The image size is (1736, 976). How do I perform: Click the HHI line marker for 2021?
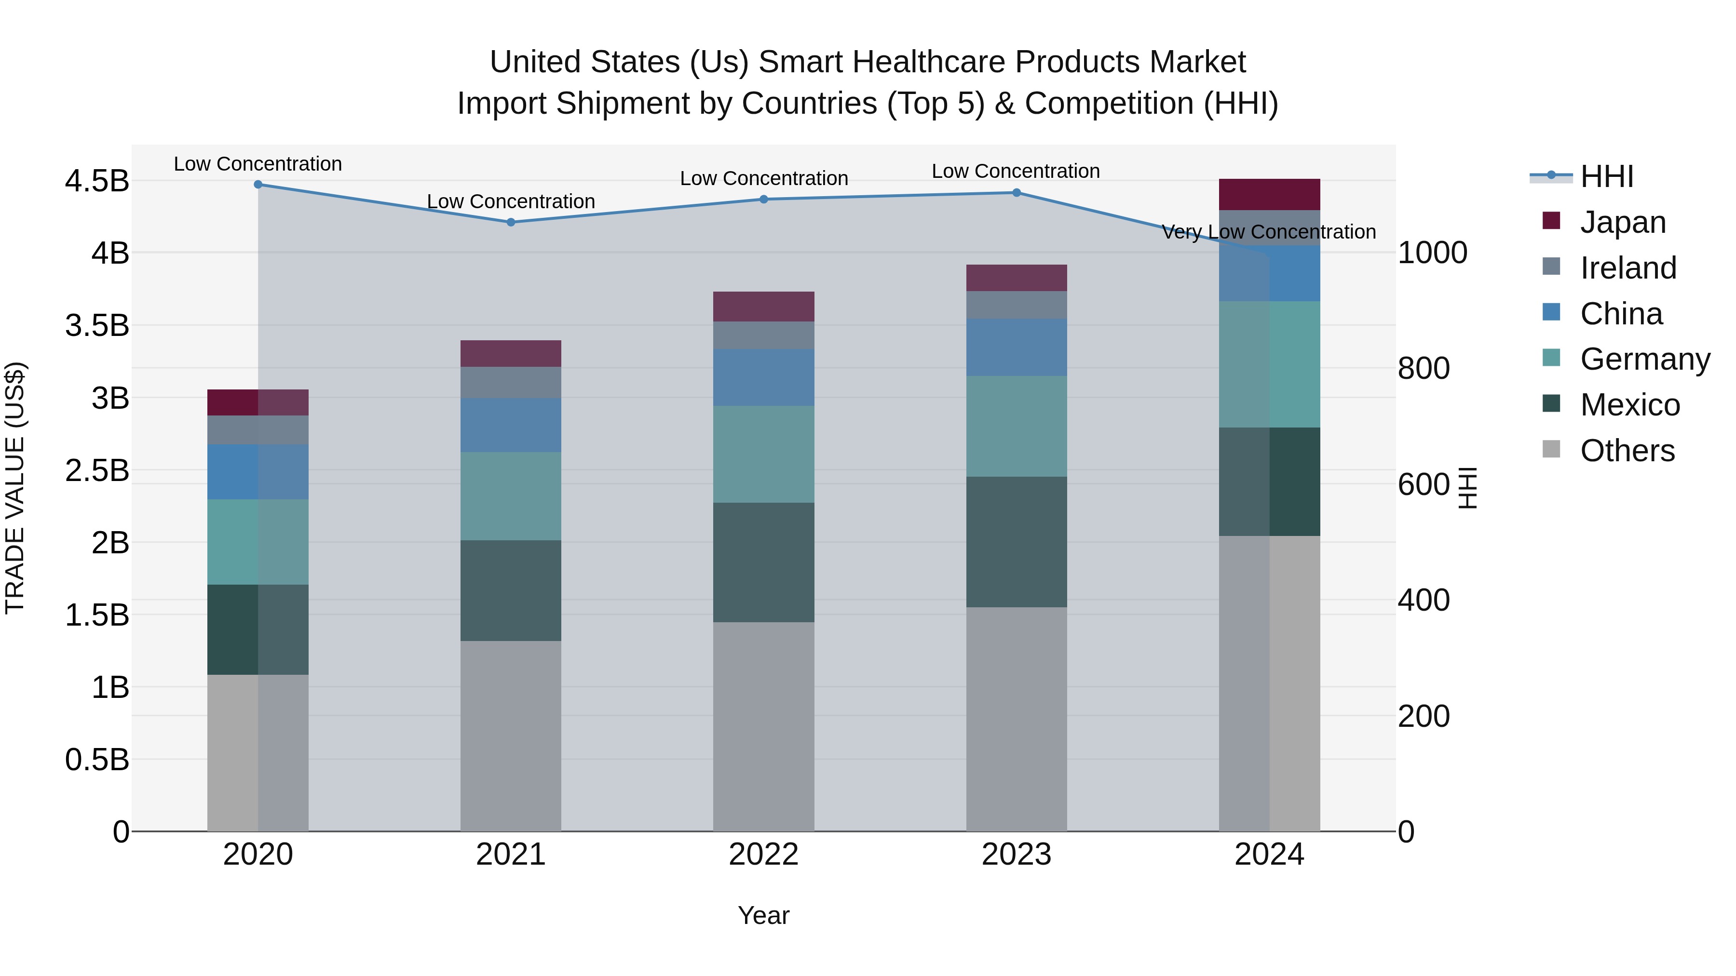510,222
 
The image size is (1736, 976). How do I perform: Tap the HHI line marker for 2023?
1016,193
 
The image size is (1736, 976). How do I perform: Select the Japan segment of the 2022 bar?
763,307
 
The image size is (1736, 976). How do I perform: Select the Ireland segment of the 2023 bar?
1016,305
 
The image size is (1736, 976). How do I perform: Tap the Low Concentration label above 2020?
258,164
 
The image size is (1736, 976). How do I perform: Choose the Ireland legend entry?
1627,268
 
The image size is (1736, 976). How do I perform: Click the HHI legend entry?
1607,176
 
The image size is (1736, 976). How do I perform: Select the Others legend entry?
1627,451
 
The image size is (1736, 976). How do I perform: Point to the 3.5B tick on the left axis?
97,325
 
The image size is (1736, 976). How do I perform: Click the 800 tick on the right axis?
1424,368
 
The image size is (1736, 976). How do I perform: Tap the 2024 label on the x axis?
1269,855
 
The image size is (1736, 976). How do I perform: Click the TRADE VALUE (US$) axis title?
15,488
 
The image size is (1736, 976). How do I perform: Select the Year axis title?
763,915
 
